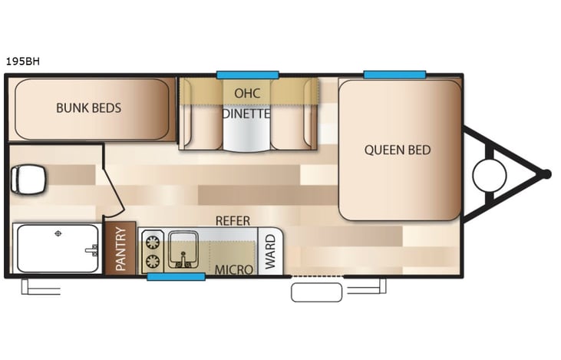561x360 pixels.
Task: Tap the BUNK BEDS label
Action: coord(88,107)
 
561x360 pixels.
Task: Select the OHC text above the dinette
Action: coord(247,93)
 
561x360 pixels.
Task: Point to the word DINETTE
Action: coord(247,114)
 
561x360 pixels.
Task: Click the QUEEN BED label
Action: coord(398,150)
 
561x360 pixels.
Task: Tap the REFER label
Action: coord(232,220)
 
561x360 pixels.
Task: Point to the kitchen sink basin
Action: coord(184,246)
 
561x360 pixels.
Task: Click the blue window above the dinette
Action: coord(247,74)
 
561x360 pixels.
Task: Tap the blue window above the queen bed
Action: coord(394,74)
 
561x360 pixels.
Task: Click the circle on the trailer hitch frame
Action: coord(490,175)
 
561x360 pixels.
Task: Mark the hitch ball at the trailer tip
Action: coord(546,174)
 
